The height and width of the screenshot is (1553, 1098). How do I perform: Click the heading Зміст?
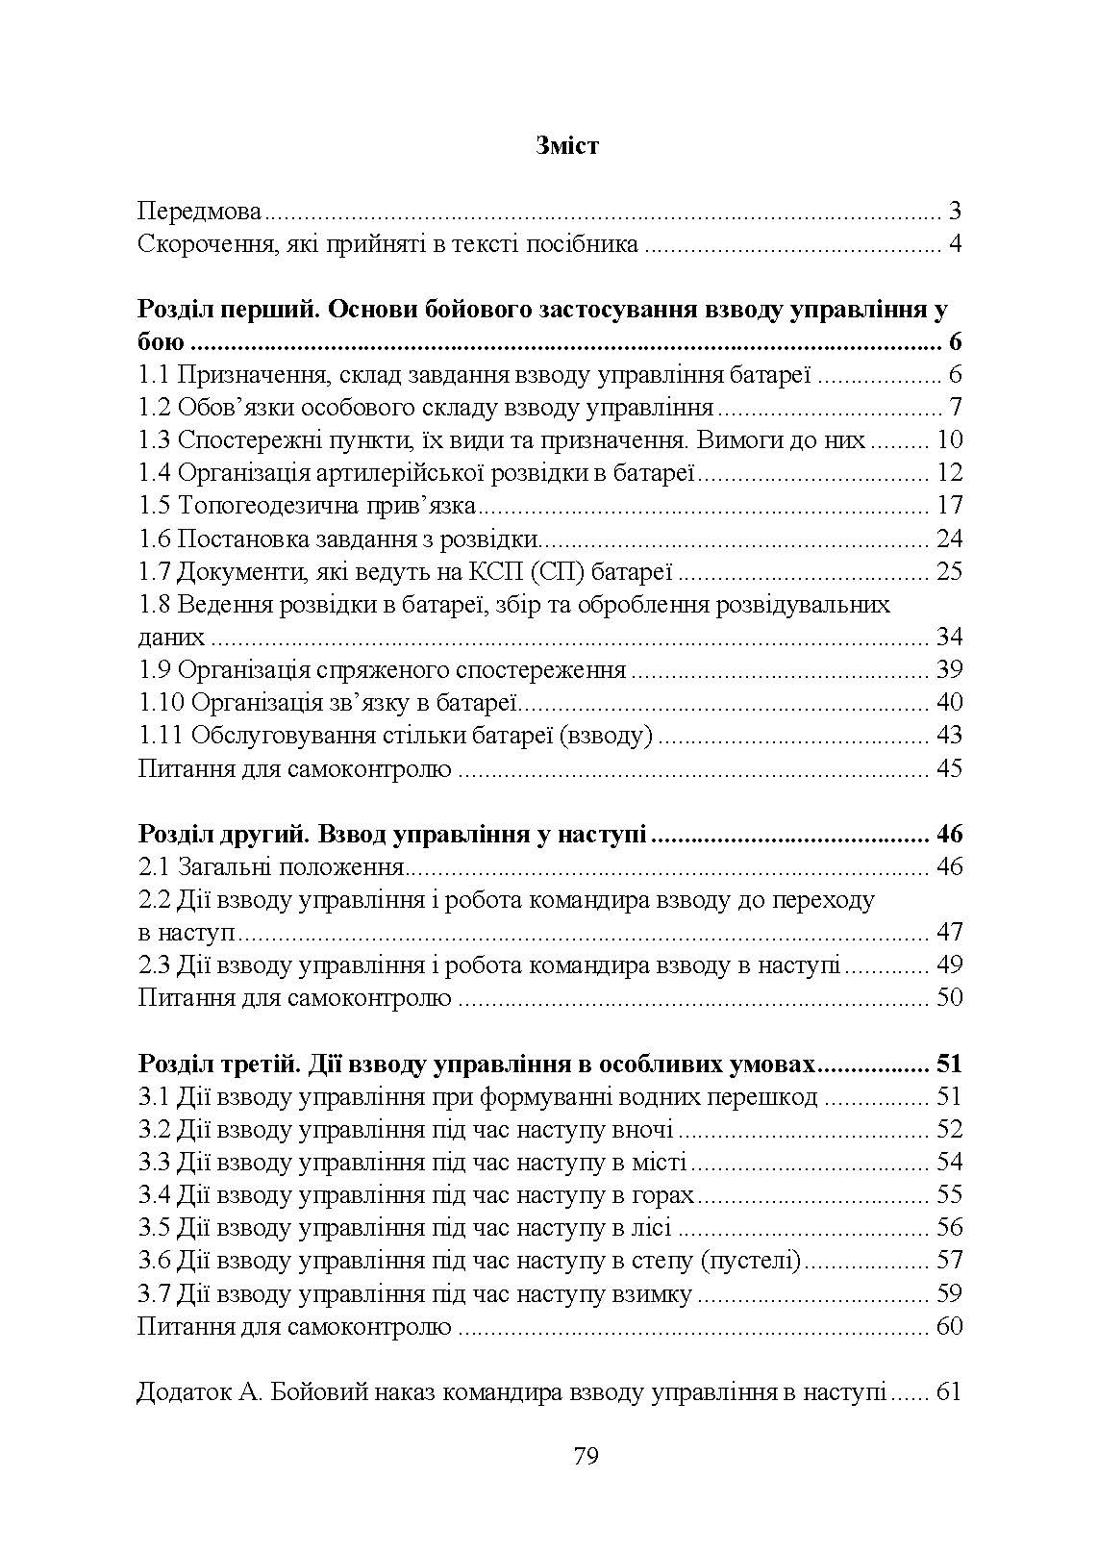[x=566, y=146]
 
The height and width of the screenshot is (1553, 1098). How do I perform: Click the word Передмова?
[x=199, y=212]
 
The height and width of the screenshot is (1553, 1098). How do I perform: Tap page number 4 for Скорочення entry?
[x=955, y=244]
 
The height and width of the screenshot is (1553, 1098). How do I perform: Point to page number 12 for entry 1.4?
[x=948, y=473]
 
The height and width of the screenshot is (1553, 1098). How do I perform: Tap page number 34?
[x=948, y=638]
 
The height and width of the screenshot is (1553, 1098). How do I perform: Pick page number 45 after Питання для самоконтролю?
[x=948, y=768]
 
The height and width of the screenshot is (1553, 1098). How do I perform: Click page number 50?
[x=948, y=997]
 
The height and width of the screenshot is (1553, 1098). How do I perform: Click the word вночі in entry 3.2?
[x=641, y=1129]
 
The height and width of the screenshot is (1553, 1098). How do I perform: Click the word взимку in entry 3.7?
[x=652, y=1294]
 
